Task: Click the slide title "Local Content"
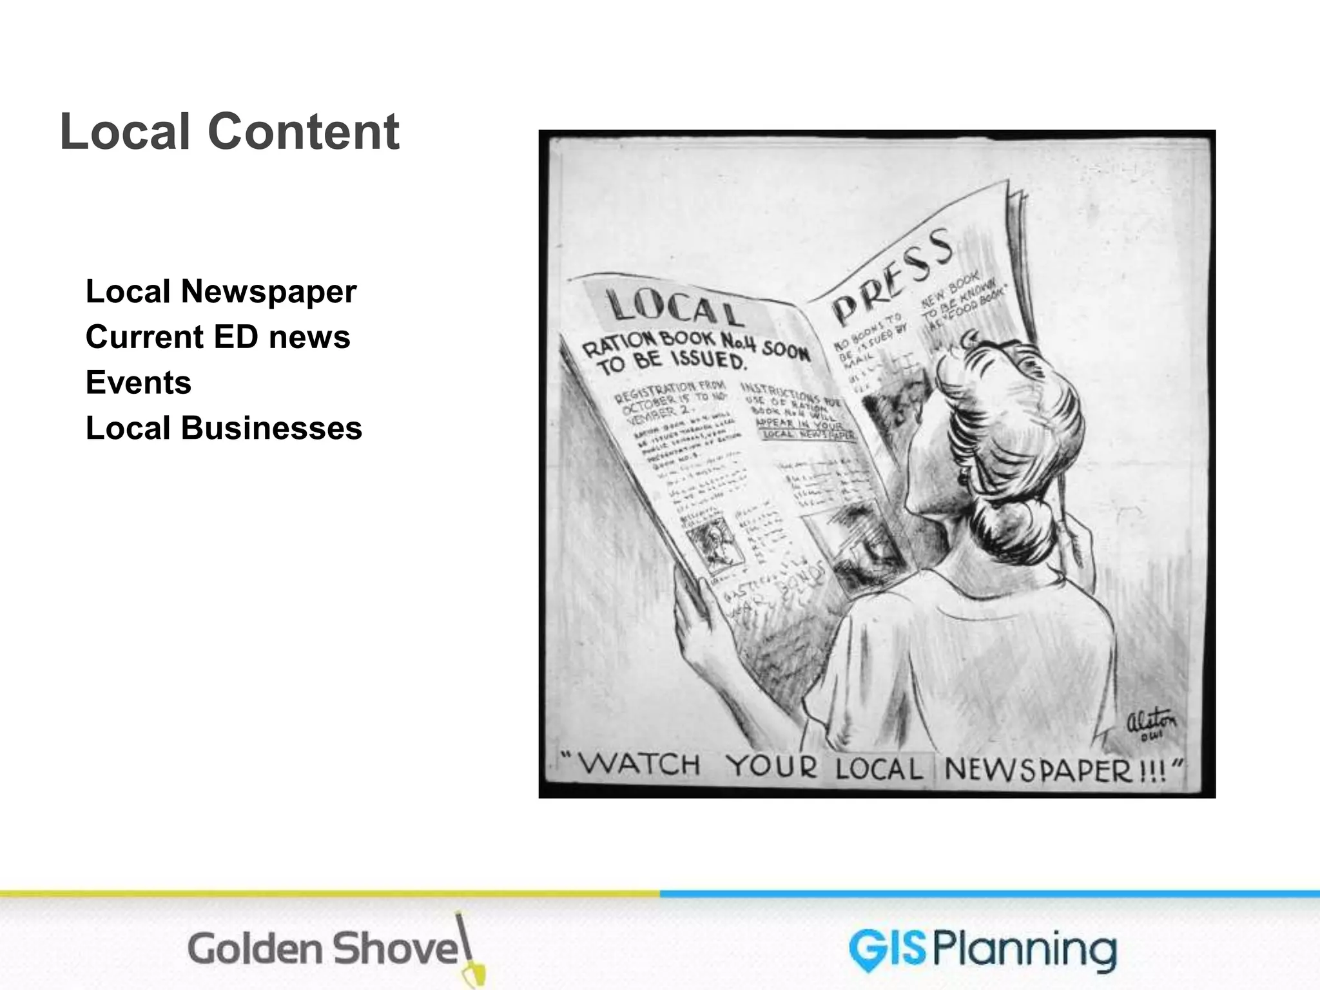click(x=229, y=131)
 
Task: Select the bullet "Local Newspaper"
click(x=220, y=291)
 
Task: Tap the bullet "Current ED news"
click(x=218, y=337)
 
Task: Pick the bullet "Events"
click(x=139, y=383)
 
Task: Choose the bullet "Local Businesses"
click(x=224, y=429)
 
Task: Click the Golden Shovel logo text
click(x=322, y=949)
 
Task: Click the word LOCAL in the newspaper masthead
click(x=674, y=308)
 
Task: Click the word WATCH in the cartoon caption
click(x=641, y=765)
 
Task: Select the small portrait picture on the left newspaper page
click(x=712, y=548)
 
